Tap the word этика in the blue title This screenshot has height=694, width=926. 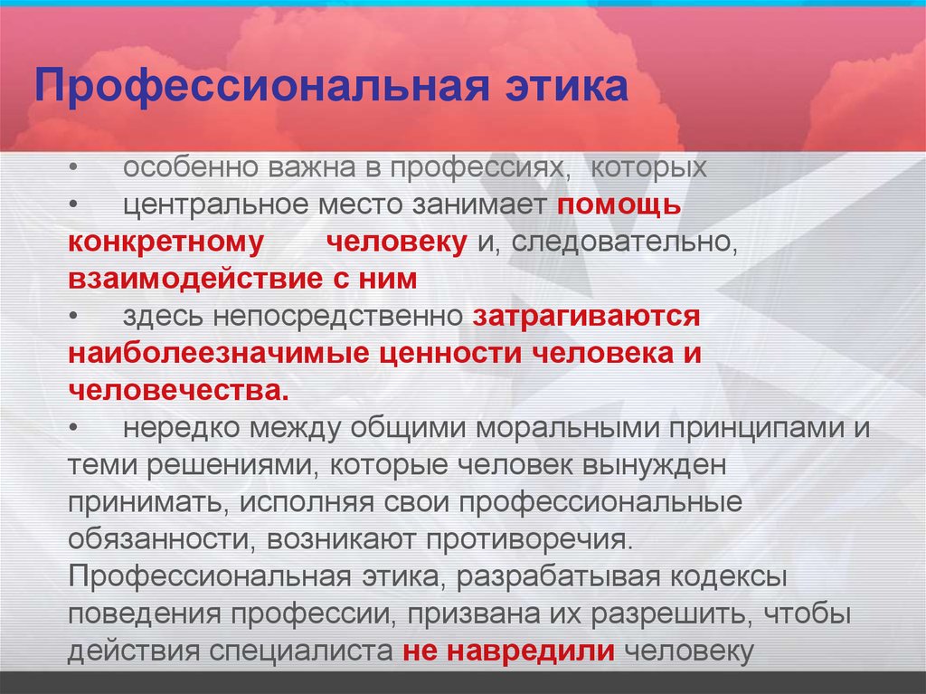click(x=566, y=85)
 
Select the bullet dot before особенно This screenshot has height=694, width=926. click(x=73, y=168)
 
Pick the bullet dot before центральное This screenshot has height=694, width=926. click(x=73, y=205)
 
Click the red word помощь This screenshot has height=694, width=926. click(x=619, y=205)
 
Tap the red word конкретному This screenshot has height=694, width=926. click(x=166, y=243)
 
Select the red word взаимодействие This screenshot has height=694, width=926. click(x=194, y=279)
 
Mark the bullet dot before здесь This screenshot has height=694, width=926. click(x=73, y=317)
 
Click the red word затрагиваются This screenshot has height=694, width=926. click(x=586, y=317)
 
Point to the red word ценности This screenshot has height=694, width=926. click(x=449, y=354)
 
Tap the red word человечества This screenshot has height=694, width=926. click(x=179, y=391)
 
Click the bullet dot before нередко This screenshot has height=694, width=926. click(x=73, y=429)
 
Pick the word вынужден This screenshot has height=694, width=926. click(x=654, y=466)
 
